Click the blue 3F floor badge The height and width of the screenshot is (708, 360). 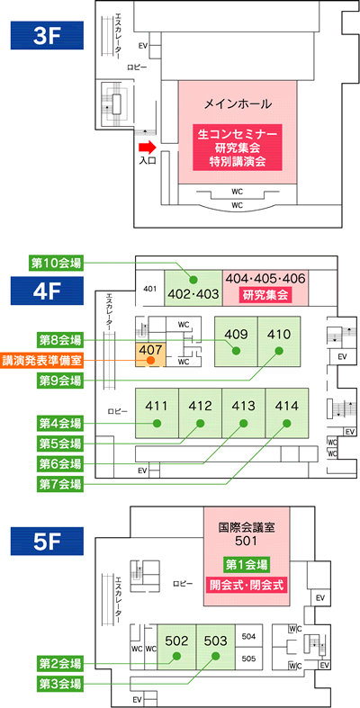coord(47,35)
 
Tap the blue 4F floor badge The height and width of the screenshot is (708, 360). coord(47,291)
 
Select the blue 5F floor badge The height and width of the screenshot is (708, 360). coord(47,540)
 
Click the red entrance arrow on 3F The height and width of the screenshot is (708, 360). coord(147,147)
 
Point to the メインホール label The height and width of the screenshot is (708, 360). coord(238,104)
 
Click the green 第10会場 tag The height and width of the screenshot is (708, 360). coord(57,264)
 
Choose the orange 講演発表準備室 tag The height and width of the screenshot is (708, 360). coord(42,361)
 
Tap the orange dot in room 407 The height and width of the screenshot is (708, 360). coord(150,361)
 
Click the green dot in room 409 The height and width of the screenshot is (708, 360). coord(235,350)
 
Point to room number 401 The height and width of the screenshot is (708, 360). coord(150,289)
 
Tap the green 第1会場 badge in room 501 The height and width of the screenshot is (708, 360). coord(247,564)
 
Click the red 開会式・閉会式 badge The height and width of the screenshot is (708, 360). coord(247,585)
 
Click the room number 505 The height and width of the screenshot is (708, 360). coord(249,659)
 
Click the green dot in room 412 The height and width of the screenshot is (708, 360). coord(200,423)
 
